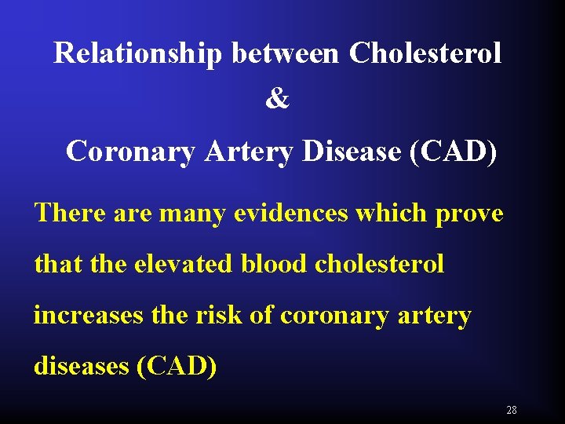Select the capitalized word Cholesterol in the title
(425, 53)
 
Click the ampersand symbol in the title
(277, 101)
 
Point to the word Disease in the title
(352, 151)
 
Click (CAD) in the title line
(453, 151)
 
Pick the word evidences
(290, 213)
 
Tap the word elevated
(183, 264)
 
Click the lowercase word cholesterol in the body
(379, 264)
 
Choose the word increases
(86, 316)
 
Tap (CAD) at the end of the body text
(177, 367)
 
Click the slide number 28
(512, 410)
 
